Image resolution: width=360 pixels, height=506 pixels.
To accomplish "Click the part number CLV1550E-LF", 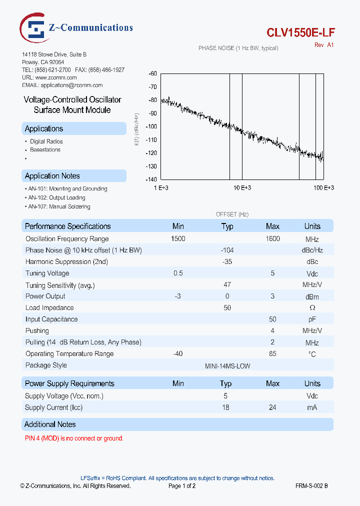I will [x=300, y=32].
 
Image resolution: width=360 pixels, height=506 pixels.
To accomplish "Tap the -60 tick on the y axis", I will [x=152, y=73].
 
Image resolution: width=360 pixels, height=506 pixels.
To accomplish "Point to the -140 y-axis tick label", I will [x=151, y=179].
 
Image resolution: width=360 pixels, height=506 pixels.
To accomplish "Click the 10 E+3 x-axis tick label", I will [x=242, y=187].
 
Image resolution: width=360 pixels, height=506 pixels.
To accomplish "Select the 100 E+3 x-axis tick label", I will [x=323, y=187].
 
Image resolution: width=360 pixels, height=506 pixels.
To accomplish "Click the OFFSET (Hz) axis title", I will [x=232, y=214].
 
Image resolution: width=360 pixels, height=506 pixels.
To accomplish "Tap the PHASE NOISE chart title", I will [x=238, y=48].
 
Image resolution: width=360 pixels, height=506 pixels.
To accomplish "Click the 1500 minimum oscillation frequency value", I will [x=178, y=239].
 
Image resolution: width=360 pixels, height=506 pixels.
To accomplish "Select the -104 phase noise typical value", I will [x=227, y=250].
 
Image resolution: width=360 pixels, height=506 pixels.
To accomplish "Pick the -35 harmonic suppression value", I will [x=227, y=261].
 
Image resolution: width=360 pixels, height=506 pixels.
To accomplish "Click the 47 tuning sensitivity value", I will [x=227, y=284].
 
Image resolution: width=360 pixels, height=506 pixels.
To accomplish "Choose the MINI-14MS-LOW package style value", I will [x=227, y=366].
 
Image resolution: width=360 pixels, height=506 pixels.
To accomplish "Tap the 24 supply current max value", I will [x=272, y=407].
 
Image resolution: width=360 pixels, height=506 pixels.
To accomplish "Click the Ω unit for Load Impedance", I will [x=312, y=308].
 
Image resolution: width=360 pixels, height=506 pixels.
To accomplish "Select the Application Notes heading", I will [x=52, y=176].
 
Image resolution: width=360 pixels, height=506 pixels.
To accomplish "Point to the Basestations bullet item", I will [x=45, y=150].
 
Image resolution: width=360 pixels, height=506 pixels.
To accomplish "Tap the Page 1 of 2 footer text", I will [x=182, y=485].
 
